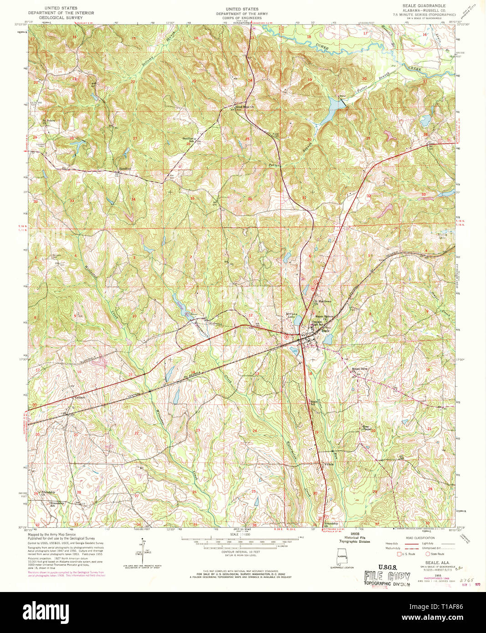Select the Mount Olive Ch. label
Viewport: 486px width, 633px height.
(x=358, y=369)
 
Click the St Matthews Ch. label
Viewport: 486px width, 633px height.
(x=321, y=302)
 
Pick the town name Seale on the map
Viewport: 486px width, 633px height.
(x=326, y=331)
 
